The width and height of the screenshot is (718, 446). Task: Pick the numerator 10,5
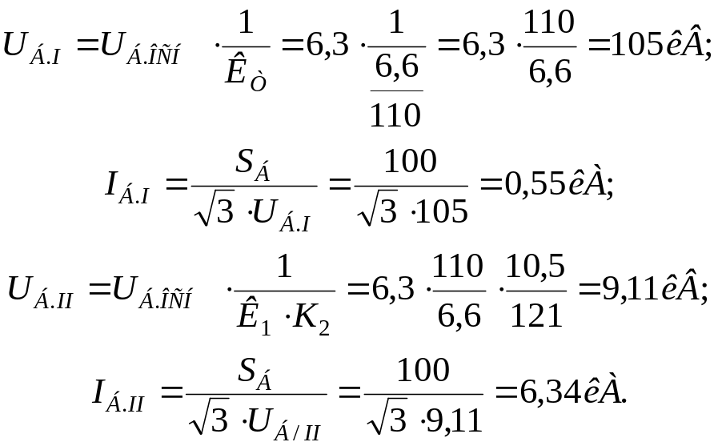pyautogui.click(x=537, y=266)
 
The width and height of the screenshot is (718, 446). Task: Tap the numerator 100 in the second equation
pyautogui.click(x=411, y=162)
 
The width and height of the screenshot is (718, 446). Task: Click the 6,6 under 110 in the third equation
pyautogui.click(x=459, y=316)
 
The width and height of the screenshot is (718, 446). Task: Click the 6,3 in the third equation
pyautogui.click(x=398, y=288)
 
